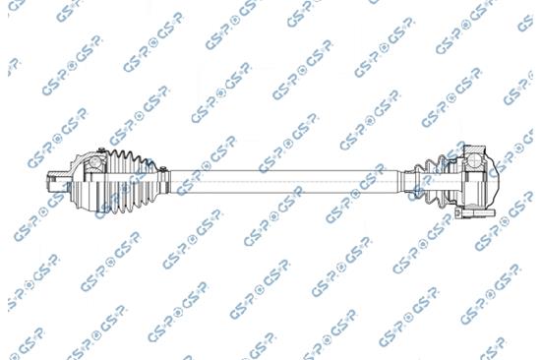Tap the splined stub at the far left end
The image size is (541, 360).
point(54,181)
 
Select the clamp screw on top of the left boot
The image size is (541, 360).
point(101,150)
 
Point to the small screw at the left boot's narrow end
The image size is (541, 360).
point(163,168)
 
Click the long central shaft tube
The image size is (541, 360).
point(283,182)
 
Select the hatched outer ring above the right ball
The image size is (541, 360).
point(474,150)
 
